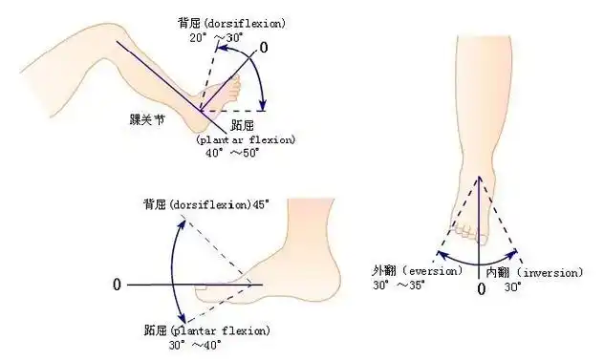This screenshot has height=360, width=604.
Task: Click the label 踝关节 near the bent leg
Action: pos(151,120)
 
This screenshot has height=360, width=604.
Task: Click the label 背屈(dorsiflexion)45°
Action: pos(206,204)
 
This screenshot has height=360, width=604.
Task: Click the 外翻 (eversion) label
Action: pos(412,271)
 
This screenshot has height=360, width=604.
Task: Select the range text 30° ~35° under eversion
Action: pos(398,285)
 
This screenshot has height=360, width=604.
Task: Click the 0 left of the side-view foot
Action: pos(117,285)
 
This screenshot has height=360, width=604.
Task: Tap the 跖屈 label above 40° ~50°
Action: pos(242,126)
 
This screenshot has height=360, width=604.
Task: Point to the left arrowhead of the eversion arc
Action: pos(438,255)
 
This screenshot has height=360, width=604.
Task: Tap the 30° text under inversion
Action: pos(513,286)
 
